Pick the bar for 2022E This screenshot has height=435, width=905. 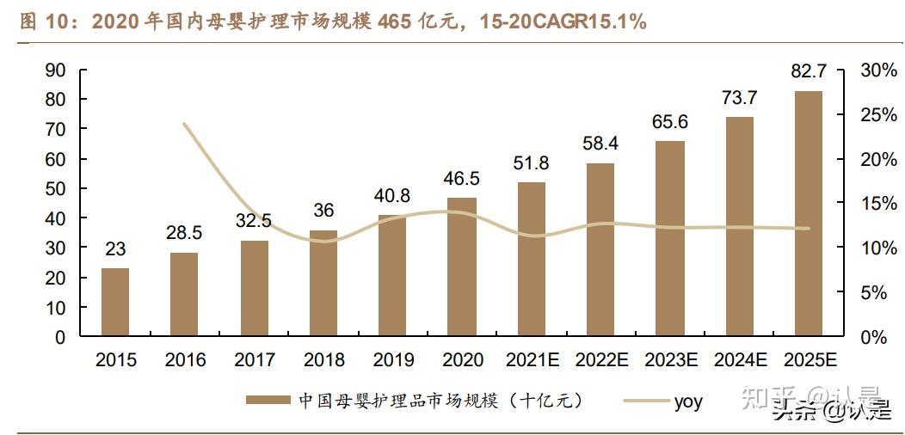tap(600, 249)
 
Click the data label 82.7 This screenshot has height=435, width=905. tap(809, 75)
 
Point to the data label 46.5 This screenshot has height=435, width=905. tap(462, 181)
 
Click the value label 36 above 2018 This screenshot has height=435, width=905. tap(323, 211)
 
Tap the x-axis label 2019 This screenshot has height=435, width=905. tap(392, 359)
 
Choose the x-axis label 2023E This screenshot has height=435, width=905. tap(669, 359)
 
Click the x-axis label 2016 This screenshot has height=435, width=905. tap(184, 359)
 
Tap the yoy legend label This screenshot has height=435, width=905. tap(688, 401)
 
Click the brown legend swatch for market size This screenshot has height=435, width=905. tap(268, 401)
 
